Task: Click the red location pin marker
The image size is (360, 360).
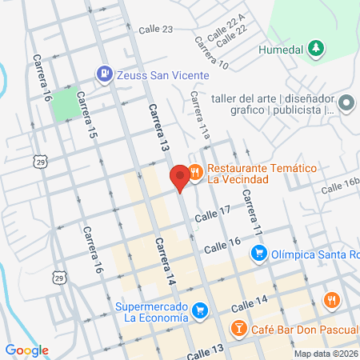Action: [x=180, y=176]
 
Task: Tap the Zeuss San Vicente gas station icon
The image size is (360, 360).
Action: [x=104, y=74]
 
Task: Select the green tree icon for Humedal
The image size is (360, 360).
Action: [x=317, y=49]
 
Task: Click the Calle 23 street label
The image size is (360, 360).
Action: [x=155, y=30]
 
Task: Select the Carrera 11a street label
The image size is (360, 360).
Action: [x=199, y=117]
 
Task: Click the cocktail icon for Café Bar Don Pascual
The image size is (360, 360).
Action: [x=238, y=327]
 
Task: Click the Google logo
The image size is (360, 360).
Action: [x=26, y=350]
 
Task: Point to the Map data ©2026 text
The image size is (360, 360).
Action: [x=325, y=353]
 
